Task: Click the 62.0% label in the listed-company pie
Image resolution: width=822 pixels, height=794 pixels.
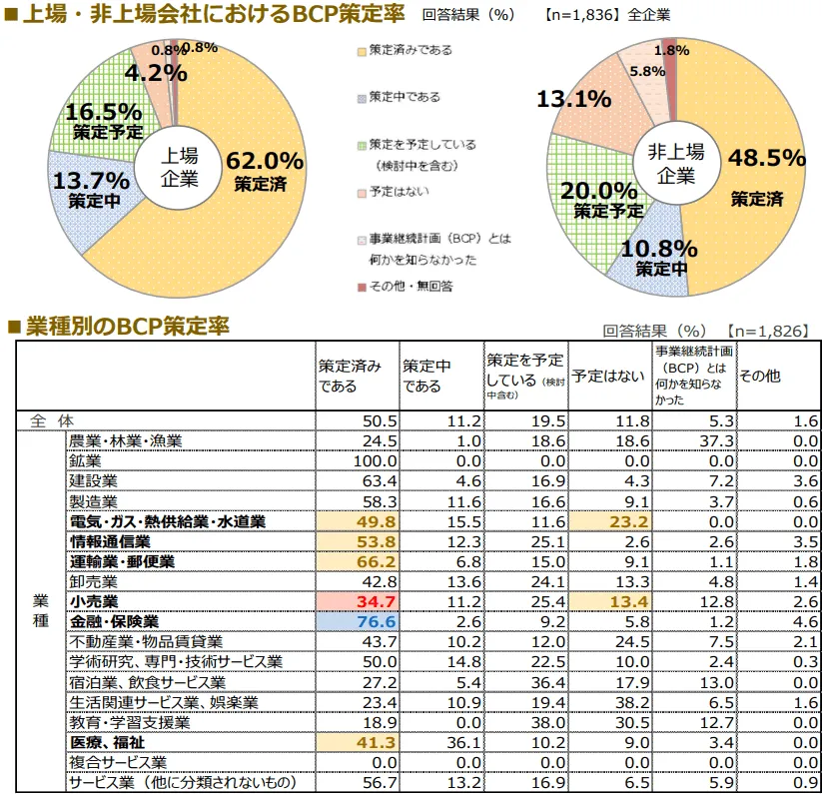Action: [x=264, y=161]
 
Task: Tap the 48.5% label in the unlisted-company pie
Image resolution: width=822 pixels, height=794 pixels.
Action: [x=766, y=158]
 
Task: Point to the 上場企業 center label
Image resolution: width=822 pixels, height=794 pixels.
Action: [x=180, y=167]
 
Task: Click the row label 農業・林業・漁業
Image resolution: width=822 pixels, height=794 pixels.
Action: [x=140, y=440]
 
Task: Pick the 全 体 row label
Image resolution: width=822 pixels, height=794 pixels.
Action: [x=48, y=420]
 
